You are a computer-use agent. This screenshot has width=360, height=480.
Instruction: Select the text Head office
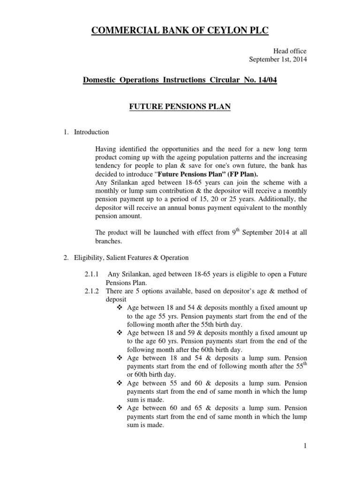coord(290,51)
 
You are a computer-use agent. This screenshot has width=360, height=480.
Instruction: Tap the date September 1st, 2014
coord(277,59)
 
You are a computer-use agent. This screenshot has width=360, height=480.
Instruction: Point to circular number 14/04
coord(266,81)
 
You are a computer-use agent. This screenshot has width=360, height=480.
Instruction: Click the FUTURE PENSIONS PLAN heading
coord(180,107)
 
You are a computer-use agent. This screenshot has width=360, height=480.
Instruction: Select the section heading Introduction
coord(91,132)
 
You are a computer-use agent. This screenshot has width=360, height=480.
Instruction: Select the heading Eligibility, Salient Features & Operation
coord(131,257)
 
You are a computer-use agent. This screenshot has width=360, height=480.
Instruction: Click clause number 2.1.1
coord(91,274)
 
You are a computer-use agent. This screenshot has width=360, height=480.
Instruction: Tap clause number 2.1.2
coord(91,291)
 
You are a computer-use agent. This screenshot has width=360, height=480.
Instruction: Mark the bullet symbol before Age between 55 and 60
coord(119,383)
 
